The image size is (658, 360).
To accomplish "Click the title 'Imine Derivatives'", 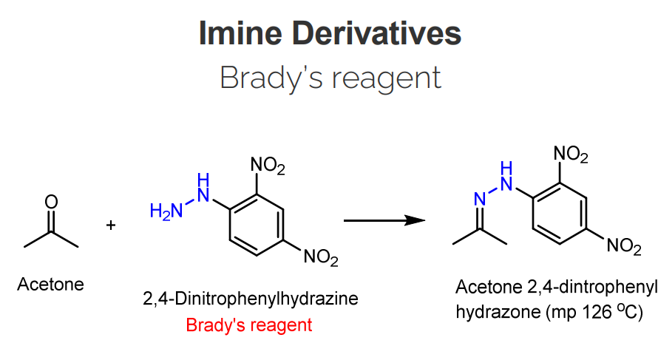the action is point(330,33).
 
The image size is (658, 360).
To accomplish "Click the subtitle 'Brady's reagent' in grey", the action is point(330,77).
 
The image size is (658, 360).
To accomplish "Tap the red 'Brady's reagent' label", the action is point(249,325).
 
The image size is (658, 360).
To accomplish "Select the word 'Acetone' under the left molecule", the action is point(51,284).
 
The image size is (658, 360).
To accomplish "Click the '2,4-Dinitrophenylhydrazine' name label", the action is point(251,299).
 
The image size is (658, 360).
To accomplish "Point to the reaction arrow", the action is point(385,220).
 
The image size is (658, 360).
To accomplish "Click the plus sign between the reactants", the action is point(111,224).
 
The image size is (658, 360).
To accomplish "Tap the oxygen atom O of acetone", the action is point(51,201).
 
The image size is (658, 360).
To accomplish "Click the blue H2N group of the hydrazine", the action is point(163,211).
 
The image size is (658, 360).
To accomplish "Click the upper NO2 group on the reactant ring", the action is point(268,168).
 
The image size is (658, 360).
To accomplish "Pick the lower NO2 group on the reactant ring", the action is point(320,258).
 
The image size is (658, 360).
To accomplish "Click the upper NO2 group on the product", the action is point(571,154).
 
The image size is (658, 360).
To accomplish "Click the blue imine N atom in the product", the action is point(478,198).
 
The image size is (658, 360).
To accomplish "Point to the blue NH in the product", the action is point(506,176).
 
